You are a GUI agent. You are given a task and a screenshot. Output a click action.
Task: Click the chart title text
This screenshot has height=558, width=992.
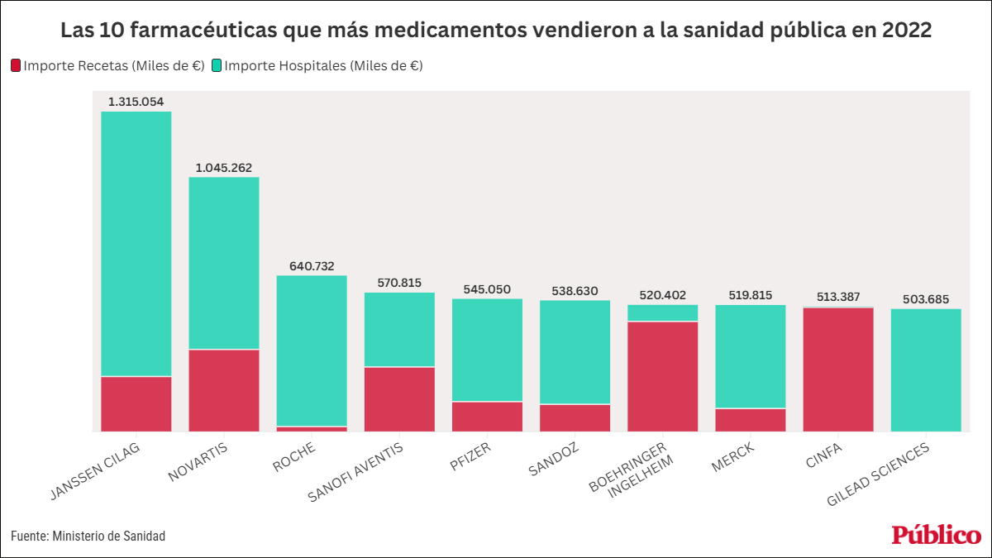(496, 31)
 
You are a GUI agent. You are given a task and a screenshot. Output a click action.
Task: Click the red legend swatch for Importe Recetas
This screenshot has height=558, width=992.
(16, 65)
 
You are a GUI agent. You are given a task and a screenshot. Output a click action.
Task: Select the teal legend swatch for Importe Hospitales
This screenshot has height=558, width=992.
(217, 65)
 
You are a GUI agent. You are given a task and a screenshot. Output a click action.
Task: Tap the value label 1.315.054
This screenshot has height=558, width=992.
(136, 102)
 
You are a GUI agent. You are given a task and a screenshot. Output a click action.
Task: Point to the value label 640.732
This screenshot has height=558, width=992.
(312, 266)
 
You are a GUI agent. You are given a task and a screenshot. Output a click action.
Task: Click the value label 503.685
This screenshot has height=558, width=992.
(926, 299)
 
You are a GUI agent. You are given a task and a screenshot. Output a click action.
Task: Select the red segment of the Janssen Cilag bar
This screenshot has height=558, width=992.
(136, 403)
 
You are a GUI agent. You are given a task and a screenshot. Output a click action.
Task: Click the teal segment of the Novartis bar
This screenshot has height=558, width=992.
(223, 263)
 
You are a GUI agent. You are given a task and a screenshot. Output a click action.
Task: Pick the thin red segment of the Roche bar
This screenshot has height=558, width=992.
(312, 429)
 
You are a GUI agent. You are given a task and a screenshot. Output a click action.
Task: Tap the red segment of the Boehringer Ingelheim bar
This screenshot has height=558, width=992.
(662, 376)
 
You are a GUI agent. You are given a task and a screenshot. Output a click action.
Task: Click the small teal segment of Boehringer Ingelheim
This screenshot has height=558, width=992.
(662, 312)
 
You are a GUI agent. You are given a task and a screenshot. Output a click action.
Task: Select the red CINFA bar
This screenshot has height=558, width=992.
(837, 370)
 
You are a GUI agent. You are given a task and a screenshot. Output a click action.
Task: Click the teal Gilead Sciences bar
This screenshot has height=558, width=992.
(926, 370)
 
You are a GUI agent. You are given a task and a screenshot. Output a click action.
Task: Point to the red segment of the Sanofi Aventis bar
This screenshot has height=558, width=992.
(399, 398)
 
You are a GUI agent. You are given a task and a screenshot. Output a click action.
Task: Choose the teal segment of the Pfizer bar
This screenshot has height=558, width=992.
(487, 350)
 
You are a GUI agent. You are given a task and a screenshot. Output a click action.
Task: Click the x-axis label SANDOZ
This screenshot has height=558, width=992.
(554, 460)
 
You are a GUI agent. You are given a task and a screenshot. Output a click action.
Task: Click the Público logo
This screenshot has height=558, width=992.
(936, 535)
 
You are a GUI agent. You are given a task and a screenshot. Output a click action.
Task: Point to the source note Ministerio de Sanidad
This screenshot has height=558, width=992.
(88, 537)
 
